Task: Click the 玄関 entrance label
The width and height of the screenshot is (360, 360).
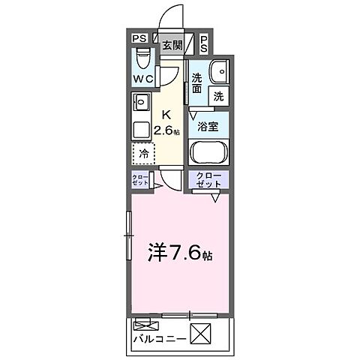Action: (x=172, y=45)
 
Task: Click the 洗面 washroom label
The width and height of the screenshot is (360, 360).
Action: (x=197, y=82)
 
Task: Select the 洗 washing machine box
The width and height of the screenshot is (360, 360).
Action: (x=219, y=96)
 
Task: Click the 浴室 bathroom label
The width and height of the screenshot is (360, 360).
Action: (x=208, y=127)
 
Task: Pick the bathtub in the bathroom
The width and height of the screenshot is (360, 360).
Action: (x=208, y=153)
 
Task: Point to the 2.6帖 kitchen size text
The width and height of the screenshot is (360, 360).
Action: (x=166, y=130)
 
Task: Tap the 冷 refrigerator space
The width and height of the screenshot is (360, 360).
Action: (x=143, y=153)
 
